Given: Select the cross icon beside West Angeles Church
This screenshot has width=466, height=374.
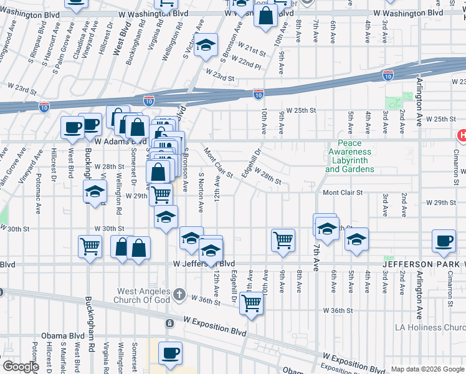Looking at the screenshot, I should [179, 294].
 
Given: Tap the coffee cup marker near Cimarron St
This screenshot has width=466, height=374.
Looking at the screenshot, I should [444, 241].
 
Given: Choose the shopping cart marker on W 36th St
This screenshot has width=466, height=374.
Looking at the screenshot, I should [252, 304].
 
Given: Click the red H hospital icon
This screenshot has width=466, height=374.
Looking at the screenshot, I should [462, 135].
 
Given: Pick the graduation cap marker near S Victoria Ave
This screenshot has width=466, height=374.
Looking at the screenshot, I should [206, 46].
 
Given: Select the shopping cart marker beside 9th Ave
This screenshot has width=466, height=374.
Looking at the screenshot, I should [283, 239].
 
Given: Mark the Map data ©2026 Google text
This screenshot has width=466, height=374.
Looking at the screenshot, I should [427, 369].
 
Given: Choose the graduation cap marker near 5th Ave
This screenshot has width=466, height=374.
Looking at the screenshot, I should [356, 239].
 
